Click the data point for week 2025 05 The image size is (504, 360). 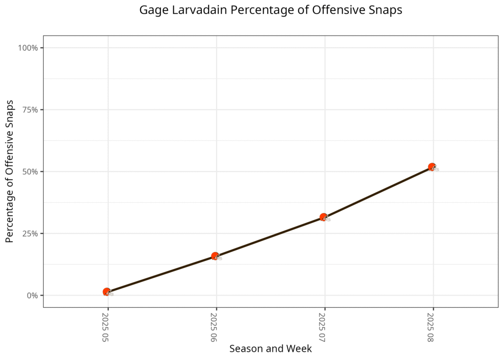(107, 292)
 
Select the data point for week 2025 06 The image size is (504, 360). (215, 256)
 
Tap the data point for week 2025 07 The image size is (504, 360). (323, 217)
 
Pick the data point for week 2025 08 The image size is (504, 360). (432, 167)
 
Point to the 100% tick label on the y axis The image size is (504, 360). (29, 48)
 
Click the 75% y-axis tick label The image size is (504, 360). (31, 110)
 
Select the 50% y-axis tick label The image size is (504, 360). (31, 171)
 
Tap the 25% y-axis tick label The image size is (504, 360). (31, 233)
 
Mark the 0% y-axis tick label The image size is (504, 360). (32, 295)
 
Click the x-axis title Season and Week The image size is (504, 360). (270, 349)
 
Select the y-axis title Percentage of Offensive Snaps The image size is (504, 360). (9, 171)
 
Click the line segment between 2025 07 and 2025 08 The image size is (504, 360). (378, 192)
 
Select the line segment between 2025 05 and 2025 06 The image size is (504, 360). (161, 274)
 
